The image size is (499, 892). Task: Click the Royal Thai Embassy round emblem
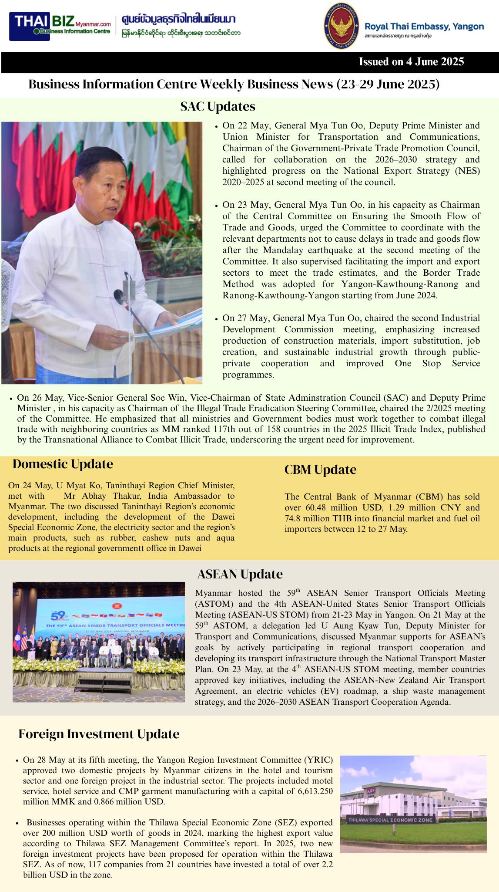coord(341,26)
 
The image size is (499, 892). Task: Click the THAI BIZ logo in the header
coord(62,26)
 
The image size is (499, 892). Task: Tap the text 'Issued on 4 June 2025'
coord(411,62)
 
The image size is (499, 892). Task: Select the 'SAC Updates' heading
coord(218,107)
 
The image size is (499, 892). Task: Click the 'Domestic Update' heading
coord(63,464)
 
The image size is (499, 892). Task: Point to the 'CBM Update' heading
coord(320,470)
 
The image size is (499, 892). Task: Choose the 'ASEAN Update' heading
coord(240,574)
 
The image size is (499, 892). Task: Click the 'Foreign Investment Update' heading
coord(99,734)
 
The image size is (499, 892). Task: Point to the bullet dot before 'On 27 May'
coord(217,319)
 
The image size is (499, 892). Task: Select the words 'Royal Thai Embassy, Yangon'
coord(424,27)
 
